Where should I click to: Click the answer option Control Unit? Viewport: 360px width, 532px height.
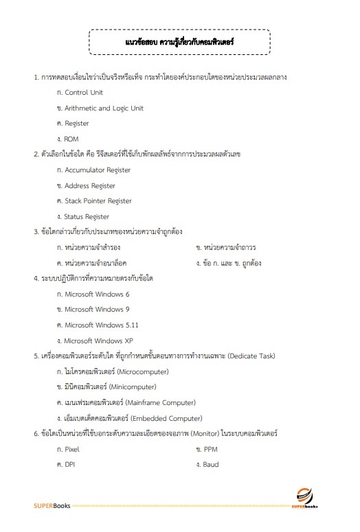[x=83, y=93]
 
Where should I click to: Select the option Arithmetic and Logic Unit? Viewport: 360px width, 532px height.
[x=104, y=108]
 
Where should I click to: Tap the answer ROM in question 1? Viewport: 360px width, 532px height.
[x=71, y=139]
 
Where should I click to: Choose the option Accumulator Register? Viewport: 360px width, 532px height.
[x=98, y=170]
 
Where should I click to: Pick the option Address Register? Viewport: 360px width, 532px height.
[x=90, y=186]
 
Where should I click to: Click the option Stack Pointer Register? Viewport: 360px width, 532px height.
[x=98, y=201]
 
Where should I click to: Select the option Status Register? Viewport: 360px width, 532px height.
[x=87, y=217]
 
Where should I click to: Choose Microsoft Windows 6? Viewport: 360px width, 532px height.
[x=97, y=294]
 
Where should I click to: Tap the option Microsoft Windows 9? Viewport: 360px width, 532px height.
[x=97, y=310]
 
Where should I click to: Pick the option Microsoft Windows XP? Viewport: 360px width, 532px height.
[x=98, y=341]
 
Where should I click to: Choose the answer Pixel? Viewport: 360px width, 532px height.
[x=72, y=450]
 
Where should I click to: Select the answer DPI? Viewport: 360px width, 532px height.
[x=69, y=465]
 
